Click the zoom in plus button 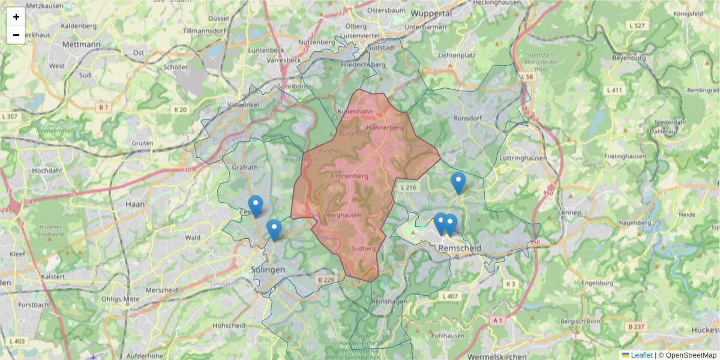[x=16, y=17]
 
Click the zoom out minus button [x=16, y=35]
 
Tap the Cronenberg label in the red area [x=349, y=176]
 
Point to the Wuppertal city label [x=431, y=13]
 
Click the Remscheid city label [x=460, y=248]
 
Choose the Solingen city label [x=268, y=270]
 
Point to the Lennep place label [x=569, y=213]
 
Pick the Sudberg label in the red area [x=364, y=248]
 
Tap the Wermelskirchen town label [x=497, y=356]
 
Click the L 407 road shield [x=450, y=296]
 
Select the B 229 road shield [x=325, y=280]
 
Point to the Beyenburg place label [x=629, y=58]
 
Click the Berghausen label [x=344, y=215]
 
